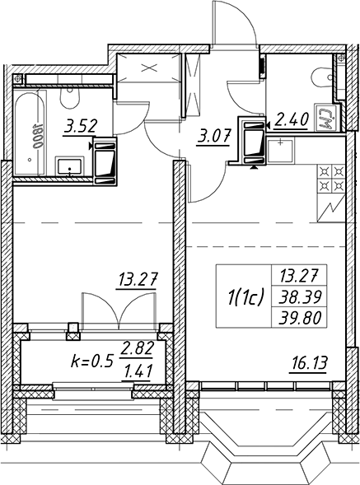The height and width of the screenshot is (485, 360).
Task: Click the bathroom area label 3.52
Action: pos(81,126)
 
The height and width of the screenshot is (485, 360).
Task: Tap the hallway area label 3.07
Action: pos(214,136)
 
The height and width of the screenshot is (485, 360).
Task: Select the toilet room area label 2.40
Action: pos(291,120)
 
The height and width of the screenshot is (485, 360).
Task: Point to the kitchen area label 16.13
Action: pos(309,363)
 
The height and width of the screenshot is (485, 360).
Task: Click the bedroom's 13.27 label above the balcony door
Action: pos(138,279)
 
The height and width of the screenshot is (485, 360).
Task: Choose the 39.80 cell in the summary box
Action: pos(299,318)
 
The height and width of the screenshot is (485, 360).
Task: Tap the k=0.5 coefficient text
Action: pos(91,361)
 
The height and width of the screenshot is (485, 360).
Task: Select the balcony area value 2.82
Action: pos(137,349)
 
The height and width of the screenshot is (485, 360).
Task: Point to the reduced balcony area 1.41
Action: pos(137,372)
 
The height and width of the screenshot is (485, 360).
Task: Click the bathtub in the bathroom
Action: pos(30,133)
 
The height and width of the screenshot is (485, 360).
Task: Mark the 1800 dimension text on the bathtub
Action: pos(37,136)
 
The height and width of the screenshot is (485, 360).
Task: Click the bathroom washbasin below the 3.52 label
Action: pos(69,167)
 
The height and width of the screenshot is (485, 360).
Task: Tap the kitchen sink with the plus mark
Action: pos(280,151)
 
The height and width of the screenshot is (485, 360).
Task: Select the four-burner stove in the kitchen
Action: pos(330,179)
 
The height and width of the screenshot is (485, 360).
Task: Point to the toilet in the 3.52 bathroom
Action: pos(70,98)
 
